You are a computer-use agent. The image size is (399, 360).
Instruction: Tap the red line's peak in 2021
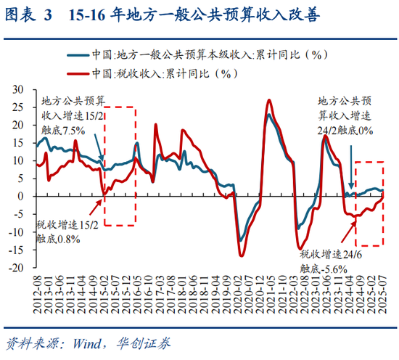coord(270,100)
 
